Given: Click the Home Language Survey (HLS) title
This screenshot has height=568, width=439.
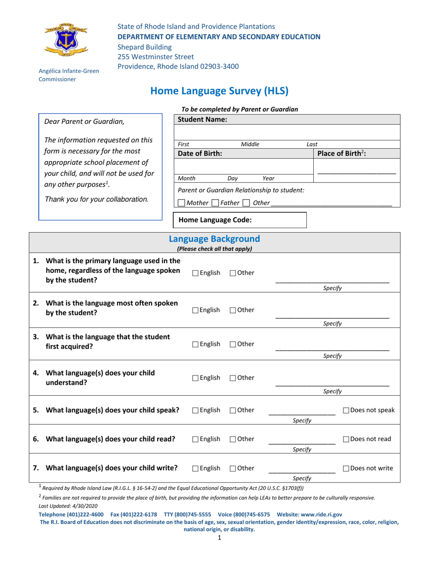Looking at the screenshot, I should click(x=219, y=91).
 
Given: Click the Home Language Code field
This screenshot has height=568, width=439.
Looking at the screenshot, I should click(x=239, y=220).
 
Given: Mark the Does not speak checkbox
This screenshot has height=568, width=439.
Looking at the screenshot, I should click(x=346, y=410).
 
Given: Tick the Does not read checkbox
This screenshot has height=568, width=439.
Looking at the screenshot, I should click(x=346, y=439).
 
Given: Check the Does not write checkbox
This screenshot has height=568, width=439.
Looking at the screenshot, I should click(x=346, y=468).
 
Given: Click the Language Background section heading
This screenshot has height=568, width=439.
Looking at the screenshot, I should click(x=214, y=239).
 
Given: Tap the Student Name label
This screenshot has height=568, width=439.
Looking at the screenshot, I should click(x=202, y=120).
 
